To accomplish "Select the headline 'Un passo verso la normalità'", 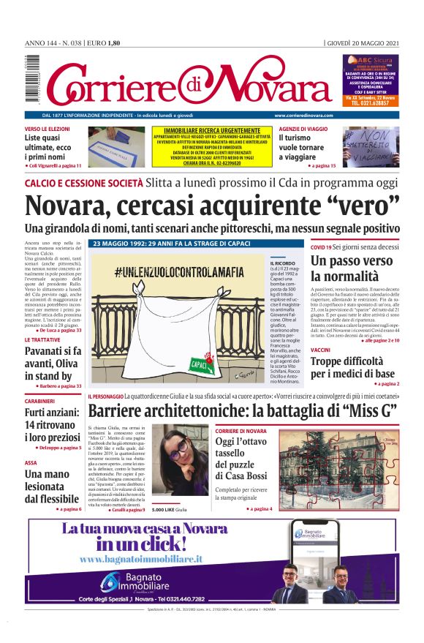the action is pos(352,268).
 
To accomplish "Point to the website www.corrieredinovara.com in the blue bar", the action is pos(303,116).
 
